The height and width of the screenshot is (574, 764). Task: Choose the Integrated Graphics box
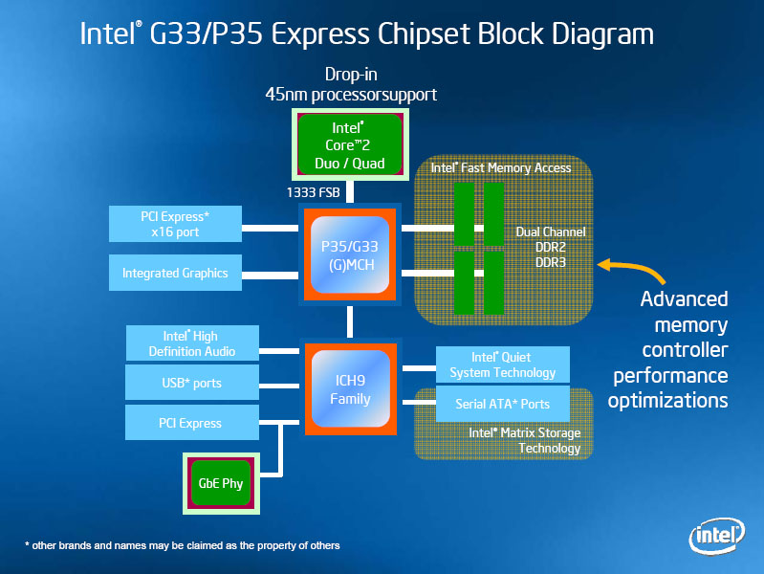(175, 273)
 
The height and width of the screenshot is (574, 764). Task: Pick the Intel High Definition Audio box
(191, 342)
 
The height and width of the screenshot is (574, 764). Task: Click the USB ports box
(191, 383)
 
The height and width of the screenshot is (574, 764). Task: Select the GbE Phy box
(220, 483)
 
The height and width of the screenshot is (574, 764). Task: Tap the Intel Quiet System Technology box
(502, 364)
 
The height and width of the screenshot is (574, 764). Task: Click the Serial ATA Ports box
(502, 404)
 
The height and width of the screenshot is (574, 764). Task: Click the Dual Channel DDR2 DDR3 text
(550, 247)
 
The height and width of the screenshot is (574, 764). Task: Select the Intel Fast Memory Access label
(501, 167)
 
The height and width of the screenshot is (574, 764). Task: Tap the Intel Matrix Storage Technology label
(524, 440)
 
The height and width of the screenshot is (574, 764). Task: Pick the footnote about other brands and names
(182, 545)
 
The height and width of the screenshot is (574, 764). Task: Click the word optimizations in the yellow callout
(667, 400)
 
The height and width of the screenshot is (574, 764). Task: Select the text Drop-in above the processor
(351, 75)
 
